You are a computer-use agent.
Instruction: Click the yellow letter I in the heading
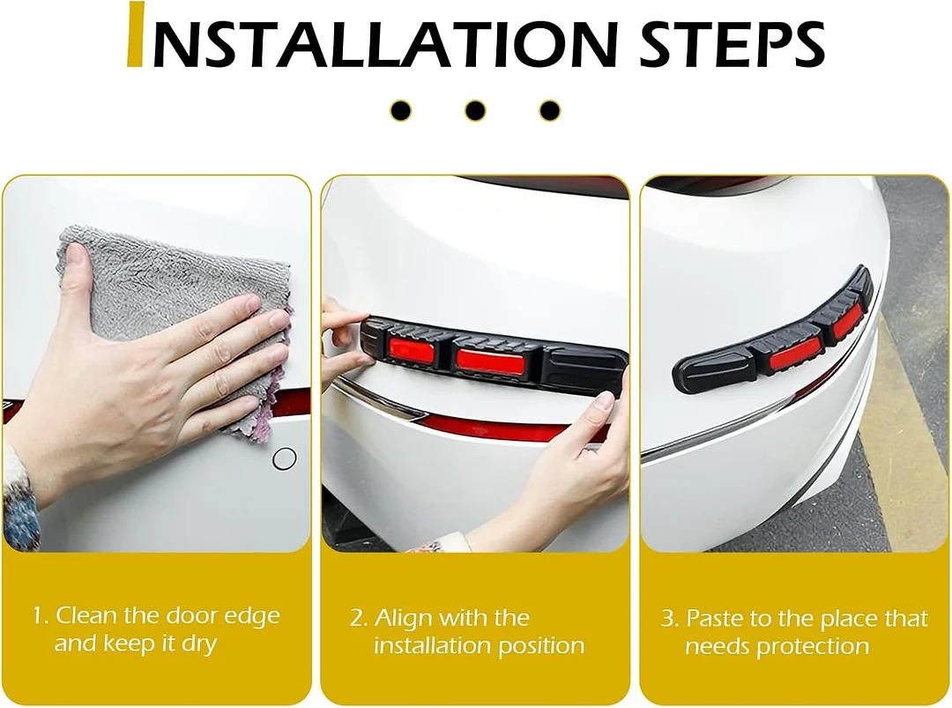pyautogui.click(x=136, y=35)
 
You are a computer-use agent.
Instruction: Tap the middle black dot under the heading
pyautogui.click(x=475, y=111)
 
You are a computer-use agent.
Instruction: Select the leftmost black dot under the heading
pyautogui.click(x=401, y=111)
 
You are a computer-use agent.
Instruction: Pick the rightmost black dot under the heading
pyautogui.click(x=549, y=111)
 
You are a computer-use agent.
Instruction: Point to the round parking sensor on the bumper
pyautogui.click(x=284, y=458)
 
